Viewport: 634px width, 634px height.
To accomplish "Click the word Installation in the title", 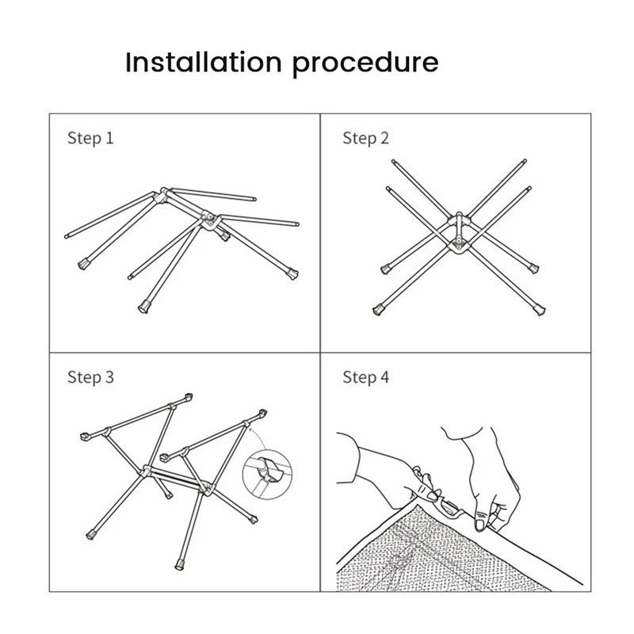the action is [204, 63].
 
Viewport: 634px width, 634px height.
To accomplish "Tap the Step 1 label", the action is [90, 138].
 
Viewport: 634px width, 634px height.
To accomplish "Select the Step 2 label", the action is [365, 138].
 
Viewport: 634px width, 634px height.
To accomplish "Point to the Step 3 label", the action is [90, 377].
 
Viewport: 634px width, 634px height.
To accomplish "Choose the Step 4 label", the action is [365, 377].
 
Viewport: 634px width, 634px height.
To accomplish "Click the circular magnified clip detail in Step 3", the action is [267, 474].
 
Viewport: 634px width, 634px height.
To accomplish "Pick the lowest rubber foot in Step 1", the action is [143, 307].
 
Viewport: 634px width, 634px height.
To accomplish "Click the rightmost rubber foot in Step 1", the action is [292, 273].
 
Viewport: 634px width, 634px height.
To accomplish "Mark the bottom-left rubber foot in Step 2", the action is [378, 310].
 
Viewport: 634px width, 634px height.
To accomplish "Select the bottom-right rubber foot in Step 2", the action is [540, 310].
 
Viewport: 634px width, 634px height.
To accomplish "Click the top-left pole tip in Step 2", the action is [393, 162].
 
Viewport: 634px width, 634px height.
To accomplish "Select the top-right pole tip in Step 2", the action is [525, 161].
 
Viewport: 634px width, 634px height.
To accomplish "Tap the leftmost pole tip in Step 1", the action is [67, 236].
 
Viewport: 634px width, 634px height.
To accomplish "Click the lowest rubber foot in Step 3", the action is [179, 564].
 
